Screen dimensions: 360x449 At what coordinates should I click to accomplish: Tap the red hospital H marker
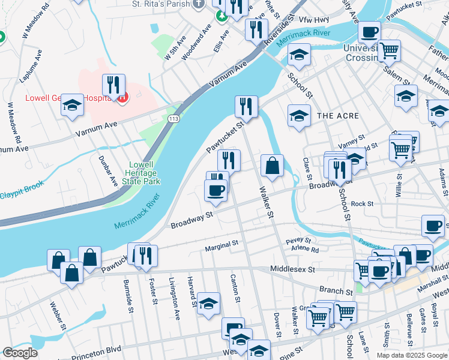(122, 97)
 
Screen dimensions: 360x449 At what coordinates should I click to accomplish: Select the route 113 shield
(174, 119)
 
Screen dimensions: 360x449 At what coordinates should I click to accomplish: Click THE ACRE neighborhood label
(337, 115)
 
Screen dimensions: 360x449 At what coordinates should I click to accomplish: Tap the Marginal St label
(221, 244)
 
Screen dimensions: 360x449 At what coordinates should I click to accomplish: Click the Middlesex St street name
(292, 269)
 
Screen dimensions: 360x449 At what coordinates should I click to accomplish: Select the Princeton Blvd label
(97, 349)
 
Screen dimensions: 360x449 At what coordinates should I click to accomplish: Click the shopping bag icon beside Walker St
(272, 166)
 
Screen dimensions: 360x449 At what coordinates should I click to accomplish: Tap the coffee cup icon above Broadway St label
(216, 190)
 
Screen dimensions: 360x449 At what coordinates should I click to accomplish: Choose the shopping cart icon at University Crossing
(389, 51)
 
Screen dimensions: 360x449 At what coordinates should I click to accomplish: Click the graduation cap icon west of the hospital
(72, 105)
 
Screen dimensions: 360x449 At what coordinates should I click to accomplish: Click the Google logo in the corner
(20, 353)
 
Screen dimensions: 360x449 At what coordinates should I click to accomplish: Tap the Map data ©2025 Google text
(412, 355)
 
